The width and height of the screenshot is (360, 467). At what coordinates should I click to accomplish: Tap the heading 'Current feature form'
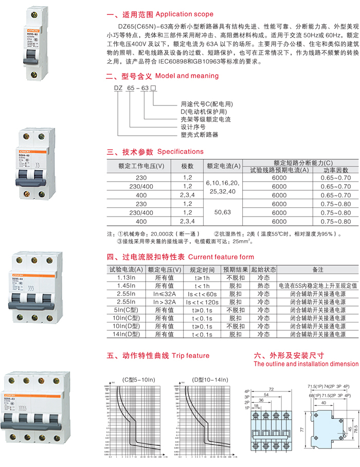[221, 257]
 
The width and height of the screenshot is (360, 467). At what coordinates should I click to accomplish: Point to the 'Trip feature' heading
[191, 355]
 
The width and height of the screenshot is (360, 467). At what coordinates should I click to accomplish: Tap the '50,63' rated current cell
[224, 211]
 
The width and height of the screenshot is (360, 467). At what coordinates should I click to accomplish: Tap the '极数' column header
[187, 166]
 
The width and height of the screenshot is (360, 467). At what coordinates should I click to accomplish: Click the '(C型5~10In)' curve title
[139, 380]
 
